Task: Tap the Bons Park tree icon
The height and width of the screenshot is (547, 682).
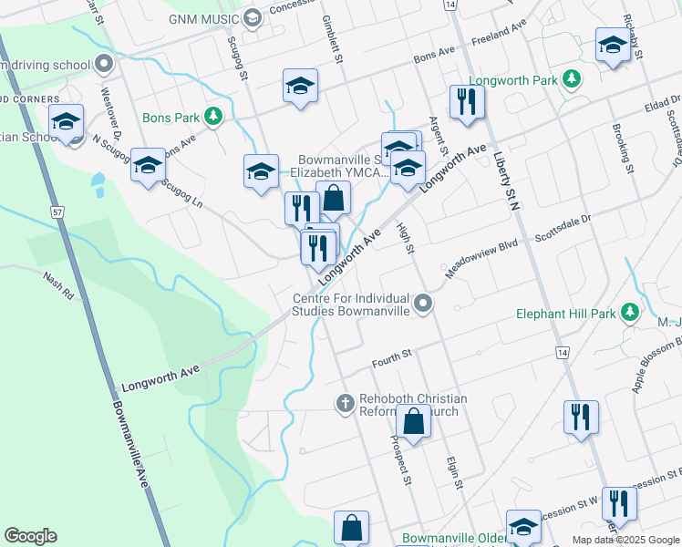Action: [x=213, y=117]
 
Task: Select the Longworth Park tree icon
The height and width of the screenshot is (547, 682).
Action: [x=572, y=80]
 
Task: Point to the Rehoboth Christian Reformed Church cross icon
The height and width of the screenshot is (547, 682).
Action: [x=345, y=403]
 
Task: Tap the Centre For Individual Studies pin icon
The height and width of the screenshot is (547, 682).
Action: [x=422, y=303]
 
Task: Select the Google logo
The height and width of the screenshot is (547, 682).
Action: [x=31, y=536]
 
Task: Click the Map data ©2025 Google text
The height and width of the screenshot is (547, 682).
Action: [x=625, y=540]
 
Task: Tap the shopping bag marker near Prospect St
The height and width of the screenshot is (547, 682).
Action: [x=413, y=423]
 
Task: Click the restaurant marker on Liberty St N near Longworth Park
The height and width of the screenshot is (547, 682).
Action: [x=467, y=103]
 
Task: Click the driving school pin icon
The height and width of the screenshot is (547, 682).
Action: [x=103, y=65]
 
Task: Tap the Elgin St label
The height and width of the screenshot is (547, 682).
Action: [x=453, y=470]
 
